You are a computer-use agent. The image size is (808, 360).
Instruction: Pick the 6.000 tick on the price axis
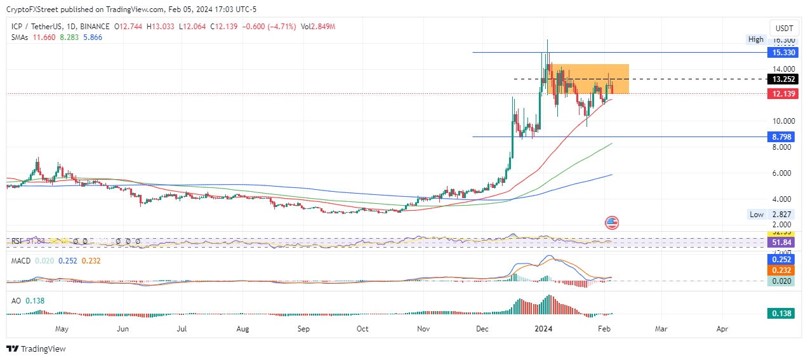[x=779, y=173]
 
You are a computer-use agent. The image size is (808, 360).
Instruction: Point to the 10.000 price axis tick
[x=779, y=121]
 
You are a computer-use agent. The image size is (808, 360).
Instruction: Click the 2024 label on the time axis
[x=544, y=330]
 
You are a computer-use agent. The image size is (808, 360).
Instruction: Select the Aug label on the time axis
[x=242, y=330]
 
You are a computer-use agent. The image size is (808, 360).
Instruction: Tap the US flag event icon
[x=612, y=223]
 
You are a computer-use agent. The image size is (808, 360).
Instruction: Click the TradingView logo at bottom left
[x=36, y=349]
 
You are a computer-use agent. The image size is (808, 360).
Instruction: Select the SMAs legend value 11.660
[x=43, y=37]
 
